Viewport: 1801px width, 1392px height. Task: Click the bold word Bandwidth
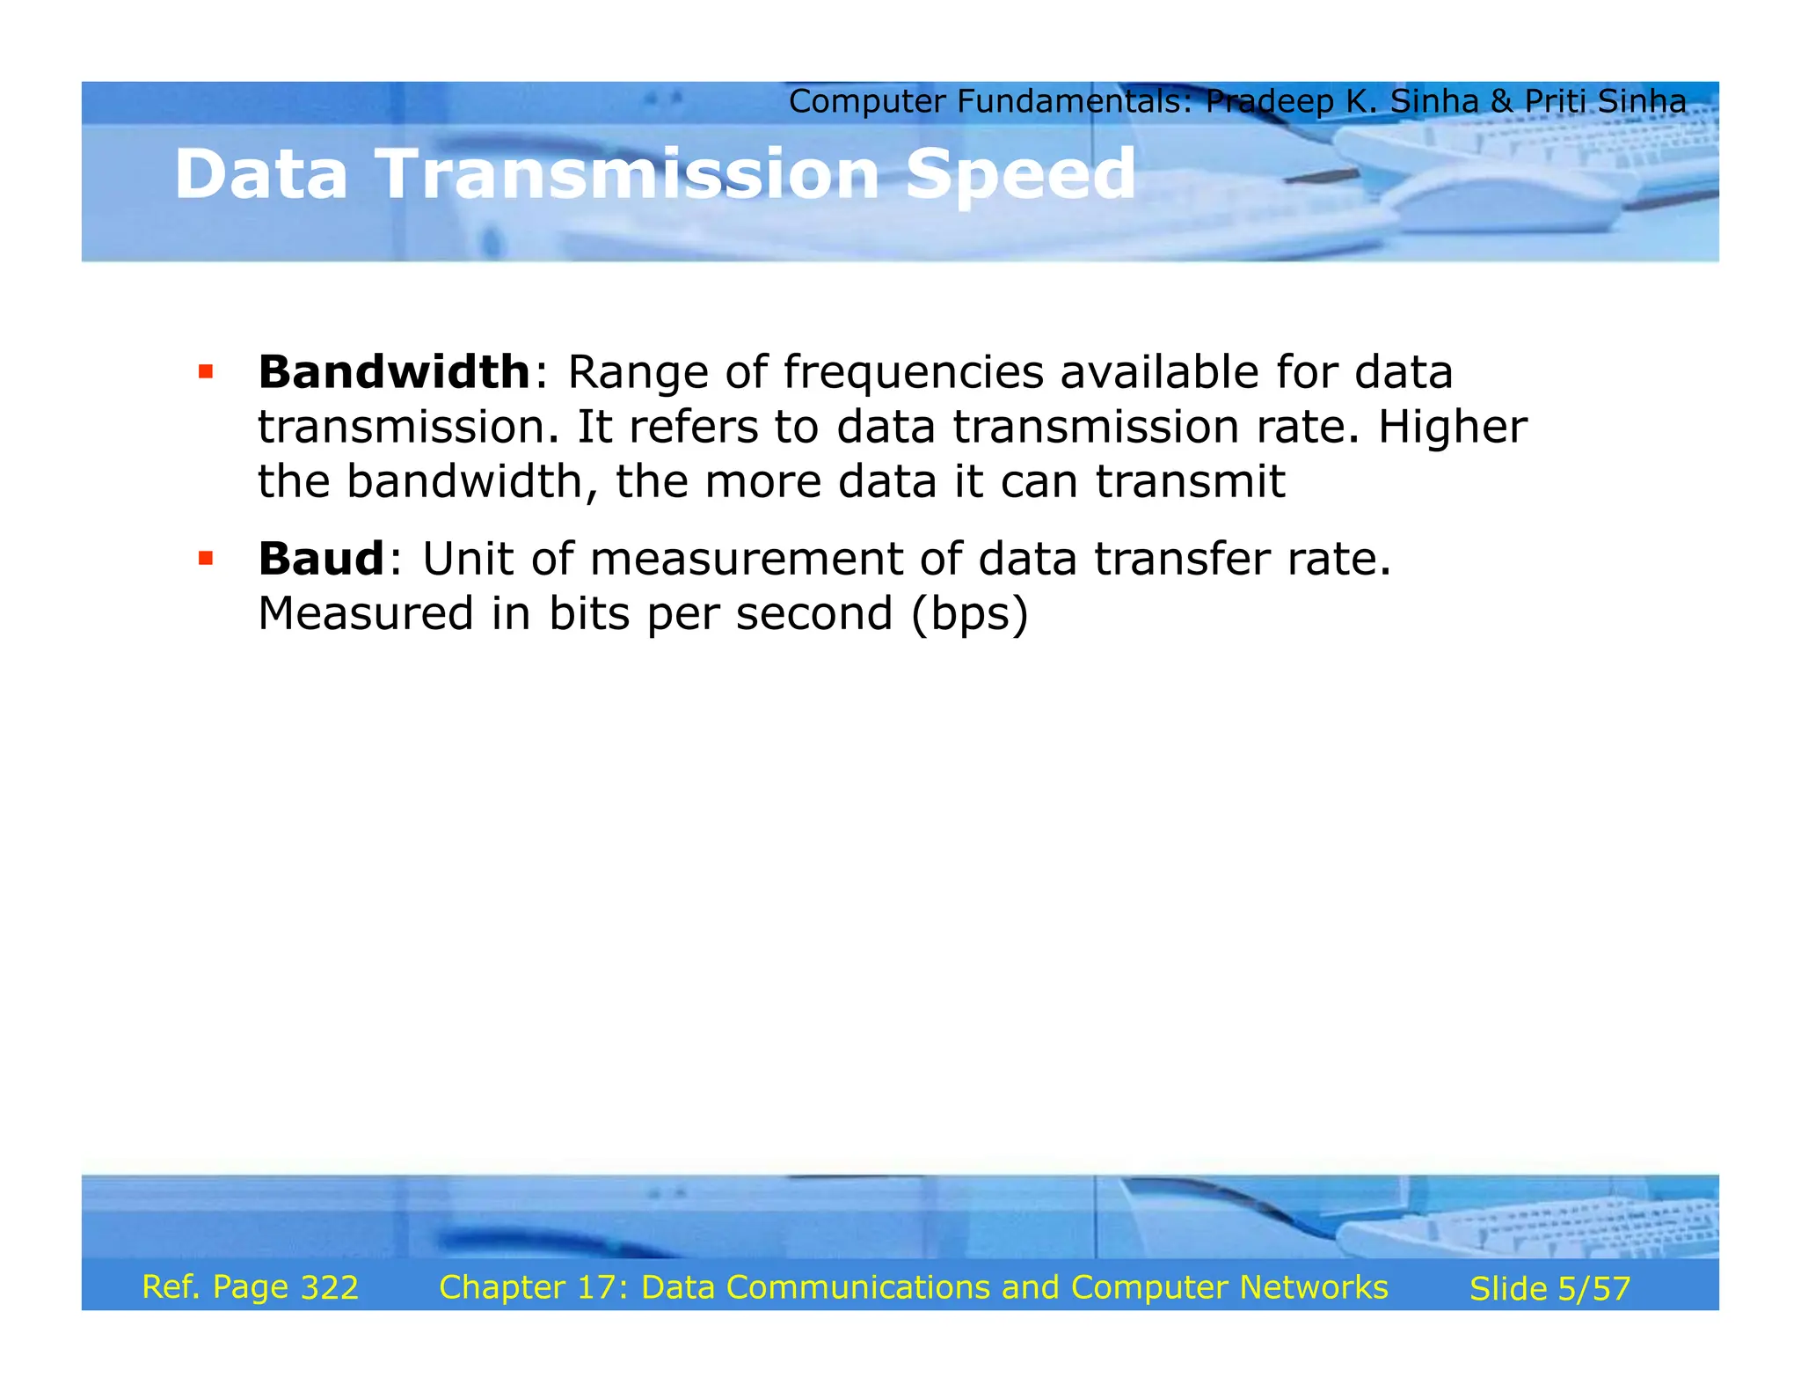pos(393,372)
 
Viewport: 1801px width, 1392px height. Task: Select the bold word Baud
pos(321,559)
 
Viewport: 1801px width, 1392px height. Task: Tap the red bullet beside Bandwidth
pos(206,372)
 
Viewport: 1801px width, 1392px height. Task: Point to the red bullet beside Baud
pos(206,559)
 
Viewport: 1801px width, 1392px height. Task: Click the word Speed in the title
pos(1020,174)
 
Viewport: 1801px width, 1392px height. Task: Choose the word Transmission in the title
pos(627,174)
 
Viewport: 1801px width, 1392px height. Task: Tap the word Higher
pos(1452,428)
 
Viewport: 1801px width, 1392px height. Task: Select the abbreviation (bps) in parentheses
pos(969,613)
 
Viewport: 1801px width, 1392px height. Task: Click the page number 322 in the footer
pos(330,1287)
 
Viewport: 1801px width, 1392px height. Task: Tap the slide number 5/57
pos(1593,1289)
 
